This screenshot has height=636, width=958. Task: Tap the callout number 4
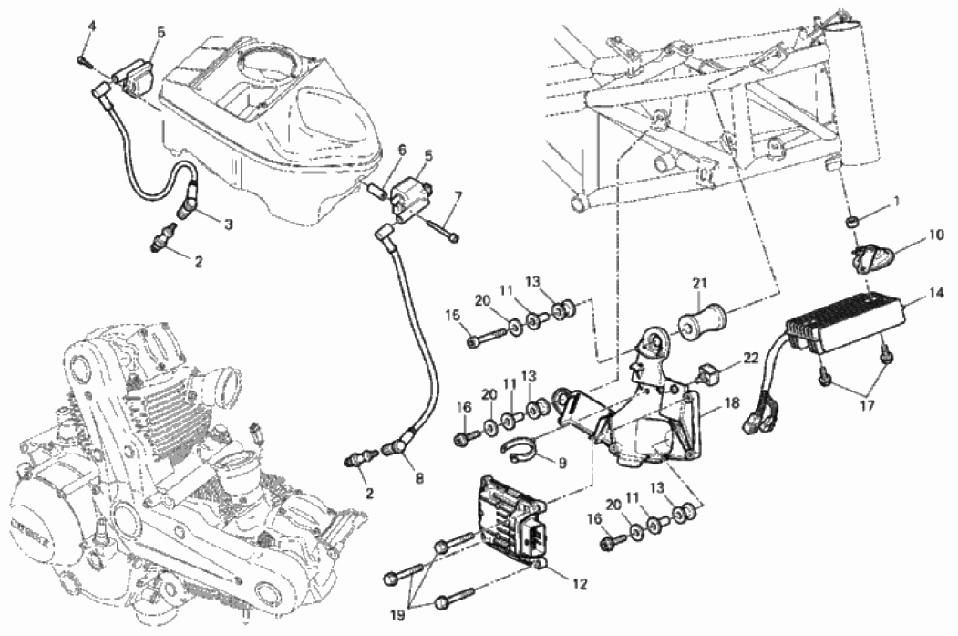point(91,25)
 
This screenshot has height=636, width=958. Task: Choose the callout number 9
point(562,463)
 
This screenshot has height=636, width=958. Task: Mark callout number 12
point(580,581)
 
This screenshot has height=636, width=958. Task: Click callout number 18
point(731,402)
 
